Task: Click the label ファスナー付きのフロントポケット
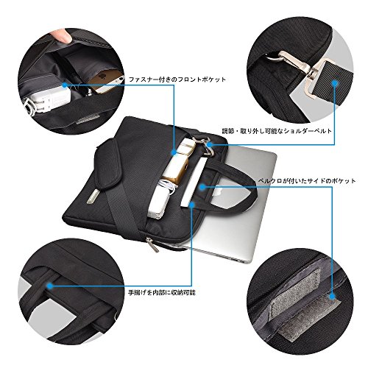pyautogui.click(x=177, y=79)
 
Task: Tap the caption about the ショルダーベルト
pyautogui.click(x=277, y=131)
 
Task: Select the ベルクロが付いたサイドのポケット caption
pyautogui.click(x=307, y=181)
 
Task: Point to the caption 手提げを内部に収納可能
pyautogui.click(x=162, y=292)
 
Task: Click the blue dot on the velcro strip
pyautogui.click(x=332, y=297)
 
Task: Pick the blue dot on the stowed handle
pyautogui.click(x=50, y=286)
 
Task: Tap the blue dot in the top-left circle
pyautogui.click(x=65, y=85)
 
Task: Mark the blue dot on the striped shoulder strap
pyautogui.click(x=334, y=83)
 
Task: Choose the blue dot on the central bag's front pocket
pyautogui.click(x=174, y=152)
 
